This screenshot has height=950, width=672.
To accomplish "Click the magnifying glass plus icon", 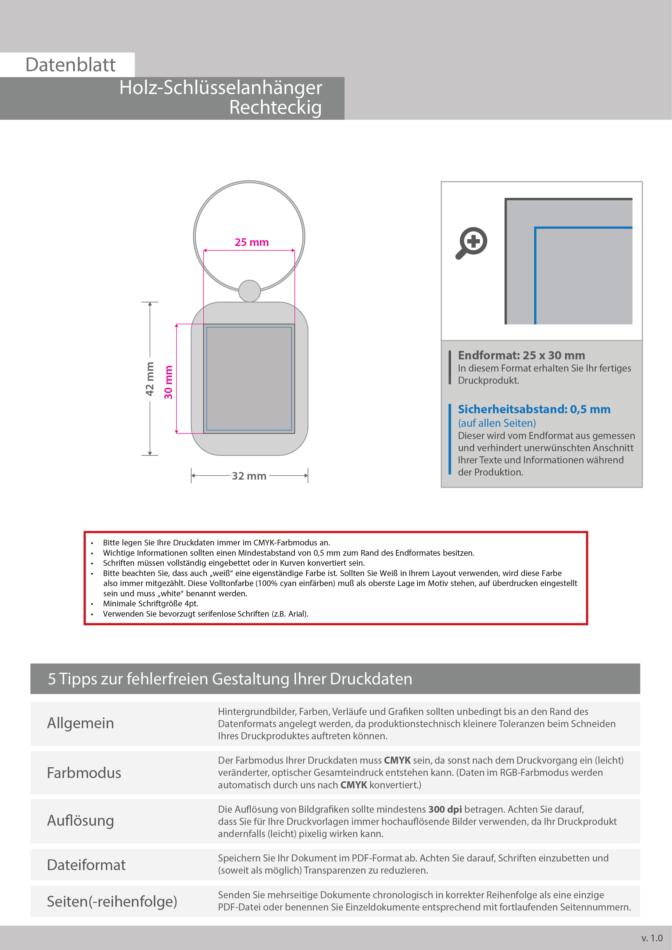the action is coord(472,243).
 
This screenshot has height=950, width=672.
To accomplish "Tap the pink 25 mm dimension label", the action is coord(252,242).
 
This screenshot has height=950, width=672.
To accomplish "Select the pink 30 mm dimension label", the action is coord(168,382).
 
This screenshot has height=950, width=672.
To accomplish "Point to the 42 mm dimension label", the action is coord(150,379).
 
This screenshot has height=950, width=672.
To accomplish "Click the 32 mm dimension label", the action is coord(249,476).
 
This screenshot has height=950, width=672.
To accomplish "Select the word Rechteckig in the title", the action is coord(275,107).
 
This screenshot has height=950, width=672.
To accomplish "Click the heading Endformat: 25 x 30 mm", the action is coord(521,355).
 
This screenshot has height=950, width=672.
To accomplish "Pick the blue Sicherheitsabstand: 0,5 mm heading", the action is coord(534,409).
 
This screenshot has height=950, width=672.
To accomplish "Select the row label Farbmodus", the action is coord(84,773).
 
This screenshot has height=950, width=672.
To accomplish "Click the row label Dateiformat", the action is coord(86,865).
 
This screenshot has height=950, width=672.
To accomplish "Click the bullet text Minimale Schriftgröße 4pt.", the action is coord(151,604).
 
